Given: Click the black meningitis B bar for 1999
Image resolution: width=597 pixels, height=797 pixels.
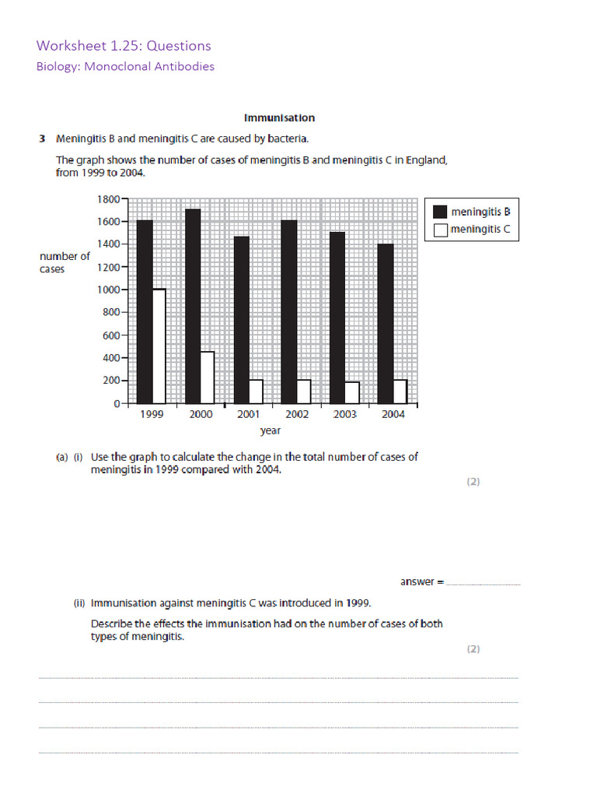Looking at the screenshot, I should click(144, 311).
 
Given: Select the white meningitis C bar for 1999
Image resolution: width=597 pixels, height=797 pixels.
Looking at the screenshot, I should click(159, 346).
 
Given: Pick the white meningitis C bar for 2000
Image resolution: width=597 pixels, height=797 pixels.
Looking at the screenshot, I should click(208, 377).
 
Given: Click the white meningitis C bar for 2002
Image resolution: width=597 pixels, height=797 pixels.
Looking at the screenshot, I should click(305, 391).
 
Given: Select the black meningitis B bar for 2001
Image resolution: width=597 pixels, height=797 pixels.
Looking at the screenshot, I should click(241, 319).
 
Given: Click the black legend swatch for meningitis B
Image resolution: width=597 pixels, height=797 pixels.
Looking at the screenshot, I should click(440, 211).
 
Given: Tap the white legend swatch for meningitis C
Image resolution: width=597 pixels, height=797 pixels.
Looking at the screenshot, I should click(440, 229).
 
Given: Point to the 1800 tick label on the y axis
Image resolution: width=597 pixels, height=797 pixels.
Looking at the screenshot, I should click(108, 199).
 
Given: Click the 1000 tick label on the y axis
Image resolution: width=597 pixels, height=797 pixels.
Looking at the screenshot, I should click(108, 290).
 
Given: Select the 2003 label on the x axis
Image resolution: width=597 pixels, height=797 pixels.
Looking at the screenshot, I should click(344, 415).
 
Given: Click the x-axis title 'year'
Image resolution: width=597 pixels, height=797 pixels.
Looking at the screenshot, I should click(270, 430).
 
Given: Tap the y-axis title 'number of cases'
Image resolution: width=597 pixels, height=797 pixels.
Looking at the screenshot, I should click(65, 262).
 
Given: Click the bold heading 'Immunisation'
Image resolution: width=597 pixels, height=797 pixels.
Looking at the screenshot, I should click(279, 118).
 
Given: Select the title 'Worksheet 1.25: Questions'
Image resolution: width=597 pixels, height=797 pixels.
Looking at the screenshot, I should click(123, 46).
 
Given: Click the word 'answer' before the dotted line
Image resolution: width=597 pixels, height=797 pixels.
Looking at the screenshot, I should click(417, 581).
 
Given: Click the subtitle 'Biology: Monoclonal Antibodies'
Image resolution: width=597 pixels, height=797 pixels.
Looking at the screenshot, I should click(125, 66).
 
